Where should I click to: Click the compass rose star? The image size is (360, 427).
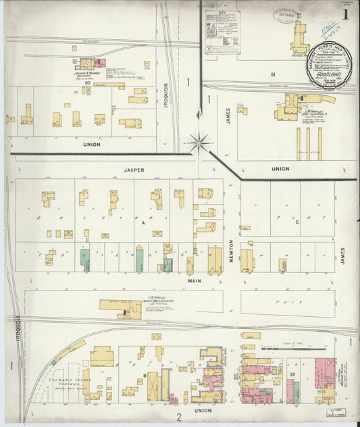[x=199, y=142]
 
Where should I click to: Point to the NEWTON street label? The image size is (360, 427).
[x=231, y=250]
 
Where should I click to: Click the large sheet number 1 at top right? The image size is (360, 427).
[x=345, y=14]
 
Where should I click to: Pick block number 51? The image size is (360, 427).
[x=273, y=74]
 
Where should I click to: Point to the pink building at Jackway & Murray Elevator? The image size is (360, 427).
[x=100, y=63]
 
